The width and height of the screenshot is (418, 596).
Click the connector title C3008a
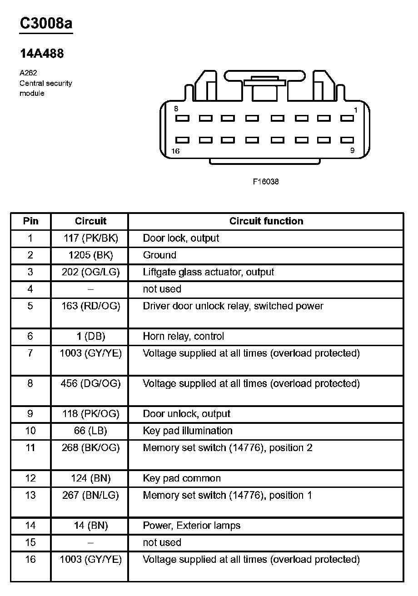click(46, 23)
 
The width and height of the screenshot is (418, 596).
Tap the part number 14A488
click(42, 54)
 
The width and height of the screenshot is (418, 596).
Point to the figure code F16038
click(266, 182)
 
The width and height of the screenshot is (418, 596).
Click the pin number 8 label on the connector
click(176, 109)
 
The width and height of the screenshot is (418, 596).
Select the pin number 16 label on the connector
click(175, 151)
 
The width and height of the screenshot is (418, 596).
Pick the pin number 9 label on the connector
click(352, 151)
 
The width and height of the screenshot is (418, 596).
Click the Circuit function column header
click(266, 221)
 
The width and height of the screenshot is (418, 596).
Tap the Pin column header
click(30, 221)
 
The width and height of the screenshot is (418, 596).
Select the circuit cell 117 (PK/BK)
click(90, 238)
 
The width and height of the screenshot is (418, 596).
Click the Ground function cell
click(159, 255)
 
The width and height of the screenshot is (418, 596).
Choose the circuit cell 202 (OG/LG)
click(90, 272)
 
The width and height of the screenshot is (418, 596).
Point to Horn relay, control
click(183, 337)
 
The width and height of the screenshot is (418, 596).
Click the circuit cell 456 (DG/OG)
click(90, 384)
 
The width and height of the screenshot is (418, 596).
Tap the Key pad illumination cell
click(187, 431)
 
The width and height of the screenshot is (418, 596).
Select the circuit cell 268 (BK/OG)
click(90, 448)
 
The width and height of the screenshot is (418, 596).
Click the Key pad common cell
click(182, 478)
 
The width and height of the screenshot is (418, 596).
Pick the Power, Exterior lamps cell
click(191, 526)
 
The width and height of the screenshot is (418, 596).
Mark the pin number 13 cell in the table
click(30, 495)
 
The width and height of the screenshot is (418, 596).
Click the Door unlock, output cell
click(186, 414)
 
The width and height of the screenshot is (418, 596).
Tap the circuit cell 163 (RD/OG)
click(90, 306)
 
